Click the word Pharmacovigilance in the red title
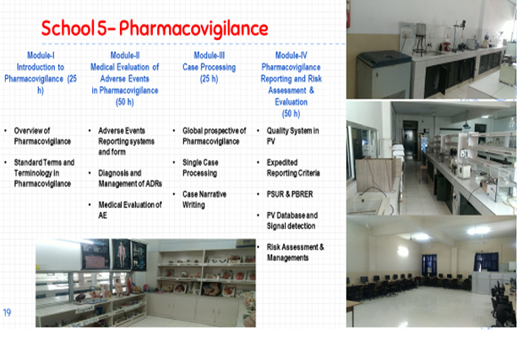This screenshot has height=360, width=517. coord(193,29)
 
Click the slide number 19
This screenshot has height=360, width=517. coord(7,312)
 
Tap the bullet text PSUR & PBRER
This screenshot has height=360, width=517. coord(290,194)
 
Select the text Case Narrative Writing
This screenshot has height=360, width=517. coord(204,200)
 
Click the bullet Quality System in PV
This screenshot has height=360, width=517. coord(293,136)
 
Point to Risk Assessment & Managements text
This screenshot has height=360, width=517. coord(295,252)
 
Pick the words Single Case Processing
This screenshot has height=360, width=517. coord(201,167)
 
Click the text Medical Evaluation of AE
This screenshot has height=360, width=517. coord(130,210)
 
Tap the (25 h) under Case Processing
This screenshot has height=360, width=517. coord(209,79)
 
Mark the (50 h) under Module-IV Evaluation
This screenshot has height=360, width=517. coord(291,113)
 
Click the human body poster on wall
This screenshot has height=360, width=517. coord(121,254)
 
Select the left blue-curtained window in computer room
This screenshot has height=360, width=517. coord(429,265)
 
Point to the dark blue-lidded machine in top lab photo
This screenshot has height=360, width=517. coord(384,74)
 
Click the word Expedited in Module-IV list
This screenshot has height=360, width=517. coord(282,163)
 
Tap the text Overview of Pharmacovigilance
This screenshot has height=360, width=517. coord(42,136)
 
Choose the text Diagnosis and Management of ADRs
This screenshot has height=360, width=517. coord(130,178)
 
